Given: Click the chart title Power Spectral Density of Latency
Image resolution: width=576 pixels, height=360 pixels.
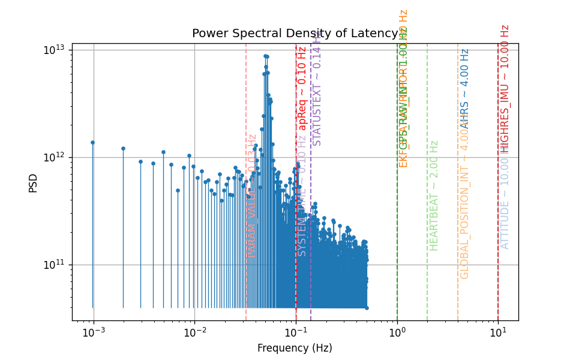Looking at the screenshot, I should [x=295, y=34].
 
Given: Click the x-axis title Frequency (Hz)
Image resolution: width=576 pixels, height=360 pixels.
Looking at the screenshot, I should [x=295, y=348].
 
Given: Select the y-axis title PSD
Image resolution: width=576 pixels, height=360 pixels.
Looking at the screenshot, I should [x=34, y=182].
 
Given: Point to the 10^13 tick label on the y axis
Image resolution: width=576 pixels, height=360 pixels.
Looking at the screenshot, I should [x=55, y=50].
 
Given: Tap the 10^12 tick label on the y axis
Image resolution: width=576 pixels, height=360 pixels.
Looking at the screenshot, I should [x=55, y=157].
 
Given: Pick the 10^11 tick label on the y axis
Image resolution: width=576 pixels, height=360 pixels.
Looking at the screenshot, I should [x=55, y=265].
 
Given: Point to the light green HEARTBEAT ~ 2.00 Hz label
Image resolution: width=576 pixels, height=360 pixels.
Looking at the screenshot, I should [x=434, y=196].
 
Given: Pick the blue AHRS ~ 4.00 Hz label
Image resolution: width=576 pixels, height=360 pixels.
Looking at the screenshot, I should [x=464, y=89].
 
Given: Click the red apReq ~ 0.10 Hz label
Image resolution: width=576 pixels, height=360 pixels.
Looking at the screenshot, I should [x=302, y=88].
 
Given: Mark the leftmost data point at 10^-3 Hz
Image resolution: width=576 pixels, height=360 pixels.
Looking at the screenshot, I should [x=92, y=142].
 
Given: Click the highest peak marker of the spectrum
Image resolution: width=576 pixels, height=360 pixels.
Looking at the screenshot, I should [x=265, y=56].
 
